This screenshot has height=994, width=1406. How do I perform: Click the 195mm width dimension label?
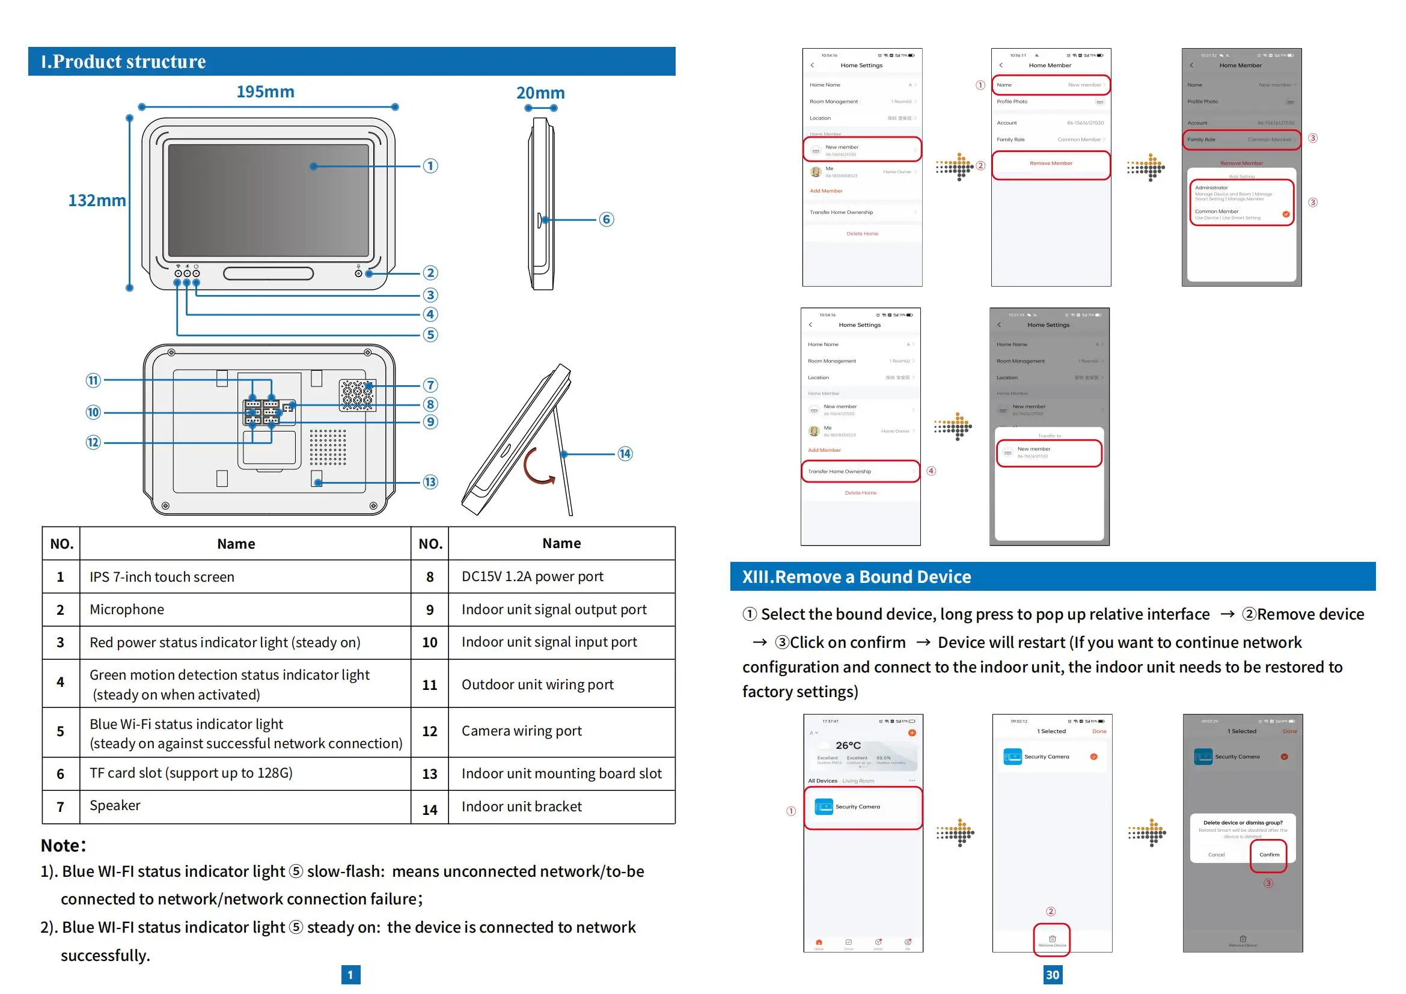(265, 92)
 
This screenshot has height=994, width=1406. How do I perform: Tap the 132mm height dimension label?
(97, 200)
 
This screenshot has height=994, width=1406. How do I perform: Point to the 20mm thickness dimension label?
(540, 93)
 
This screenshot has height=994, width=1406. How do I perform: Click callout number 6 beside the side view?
(607, 219)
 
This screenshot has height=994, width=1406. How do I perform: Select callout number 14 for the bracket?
(625, 454)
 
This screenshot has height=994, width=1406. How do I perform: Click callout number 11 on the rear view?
(93, 380)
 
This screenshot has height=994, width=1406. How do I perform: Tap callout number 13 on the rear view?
(430, 482)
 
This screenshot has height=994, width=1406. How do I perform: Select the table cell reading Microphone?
(127, 609)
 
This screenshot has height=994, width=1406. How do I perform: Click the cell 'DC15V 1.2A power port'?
(532, 576)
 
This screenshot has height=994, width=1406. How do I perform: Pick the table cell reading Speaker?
(115, 805)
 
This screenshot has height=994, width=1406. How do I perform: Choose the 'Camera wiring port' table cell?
(521, 731)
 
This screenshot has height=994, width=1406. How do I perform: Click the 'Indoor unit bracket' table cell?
(521, 806)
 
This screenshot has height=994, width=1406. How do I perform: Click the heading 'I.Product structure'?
(124, 62)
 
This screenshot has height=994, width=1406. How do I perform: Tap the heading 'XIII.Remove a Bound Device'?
(856, 576)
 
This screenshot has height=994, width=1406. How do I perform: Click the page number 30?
(1052, 974)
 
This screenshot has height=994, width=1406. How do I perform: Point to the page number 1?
(350, 974)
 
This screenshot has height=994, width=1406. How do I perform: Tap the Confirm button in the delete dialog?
(1269, 855)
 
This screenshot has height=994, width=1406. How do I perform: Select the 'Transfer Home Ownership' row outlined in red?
(860, 471)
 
